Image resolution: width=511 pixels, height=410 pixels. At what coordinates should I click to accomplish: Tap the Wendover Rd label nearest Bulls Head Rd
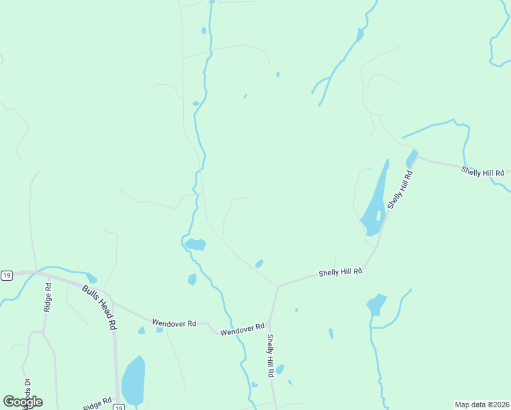tap(174, 323)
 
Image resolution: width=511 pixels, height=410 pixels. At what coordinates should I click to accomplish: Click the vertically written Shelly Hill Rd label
tap(271, 355)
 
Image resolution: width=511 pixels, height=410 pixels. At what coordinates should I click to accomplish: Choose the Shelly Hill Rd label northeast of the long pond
tap(482, 172)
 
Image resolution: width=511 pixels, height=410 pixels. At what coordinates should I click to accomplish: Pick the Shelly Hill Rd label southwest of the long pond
tap(340, 273)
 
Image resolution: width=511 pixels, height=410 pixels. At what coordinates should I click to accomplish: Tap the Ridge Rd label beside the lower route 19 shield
tap(98, 404)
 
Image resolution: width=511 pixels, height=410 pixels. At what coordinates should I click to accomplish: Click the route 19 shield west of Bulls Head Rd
tap(7, 275)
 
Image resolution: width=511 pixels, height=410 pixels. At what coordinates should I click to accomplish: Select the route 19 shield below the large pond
tap(118, 407)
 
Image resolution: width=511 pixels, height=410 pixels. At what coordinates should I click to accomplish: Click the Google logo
tap(23, 402)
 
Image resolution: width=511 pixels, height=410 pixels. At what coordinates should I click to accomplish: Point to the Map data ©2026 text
tap(482, 405)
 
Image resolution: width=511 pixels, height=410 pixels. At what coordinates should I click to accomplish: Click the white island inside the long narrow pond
tap(378, 215)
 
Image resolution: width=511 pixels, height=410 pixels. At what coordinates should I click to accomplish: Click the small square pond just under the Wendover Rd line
tap(159, 330)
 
